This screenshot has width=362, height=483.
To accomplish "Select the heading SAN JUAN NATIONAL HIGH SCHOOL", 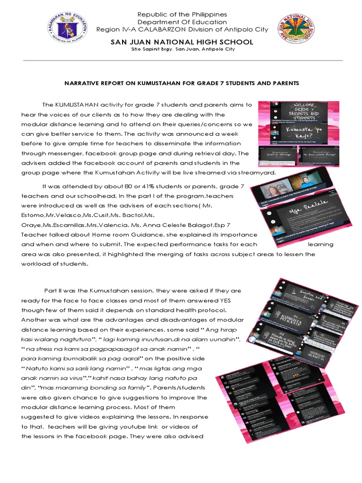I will point(181,42).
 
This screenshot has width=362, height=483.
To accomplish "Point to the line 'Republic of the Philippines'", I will point(182,15).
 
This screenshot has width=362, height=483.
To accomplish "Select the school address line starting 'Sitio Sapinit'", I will point(181,49).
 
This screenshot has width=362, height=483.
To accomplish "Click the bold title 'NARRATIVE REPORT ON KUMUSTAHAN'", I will point(137,83).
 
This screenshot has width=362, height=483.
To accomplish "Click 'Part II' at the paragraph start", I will point(53,291).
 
